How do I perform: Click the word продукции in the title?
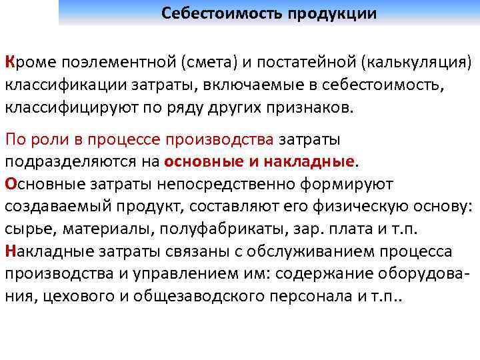pos(332,13)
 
